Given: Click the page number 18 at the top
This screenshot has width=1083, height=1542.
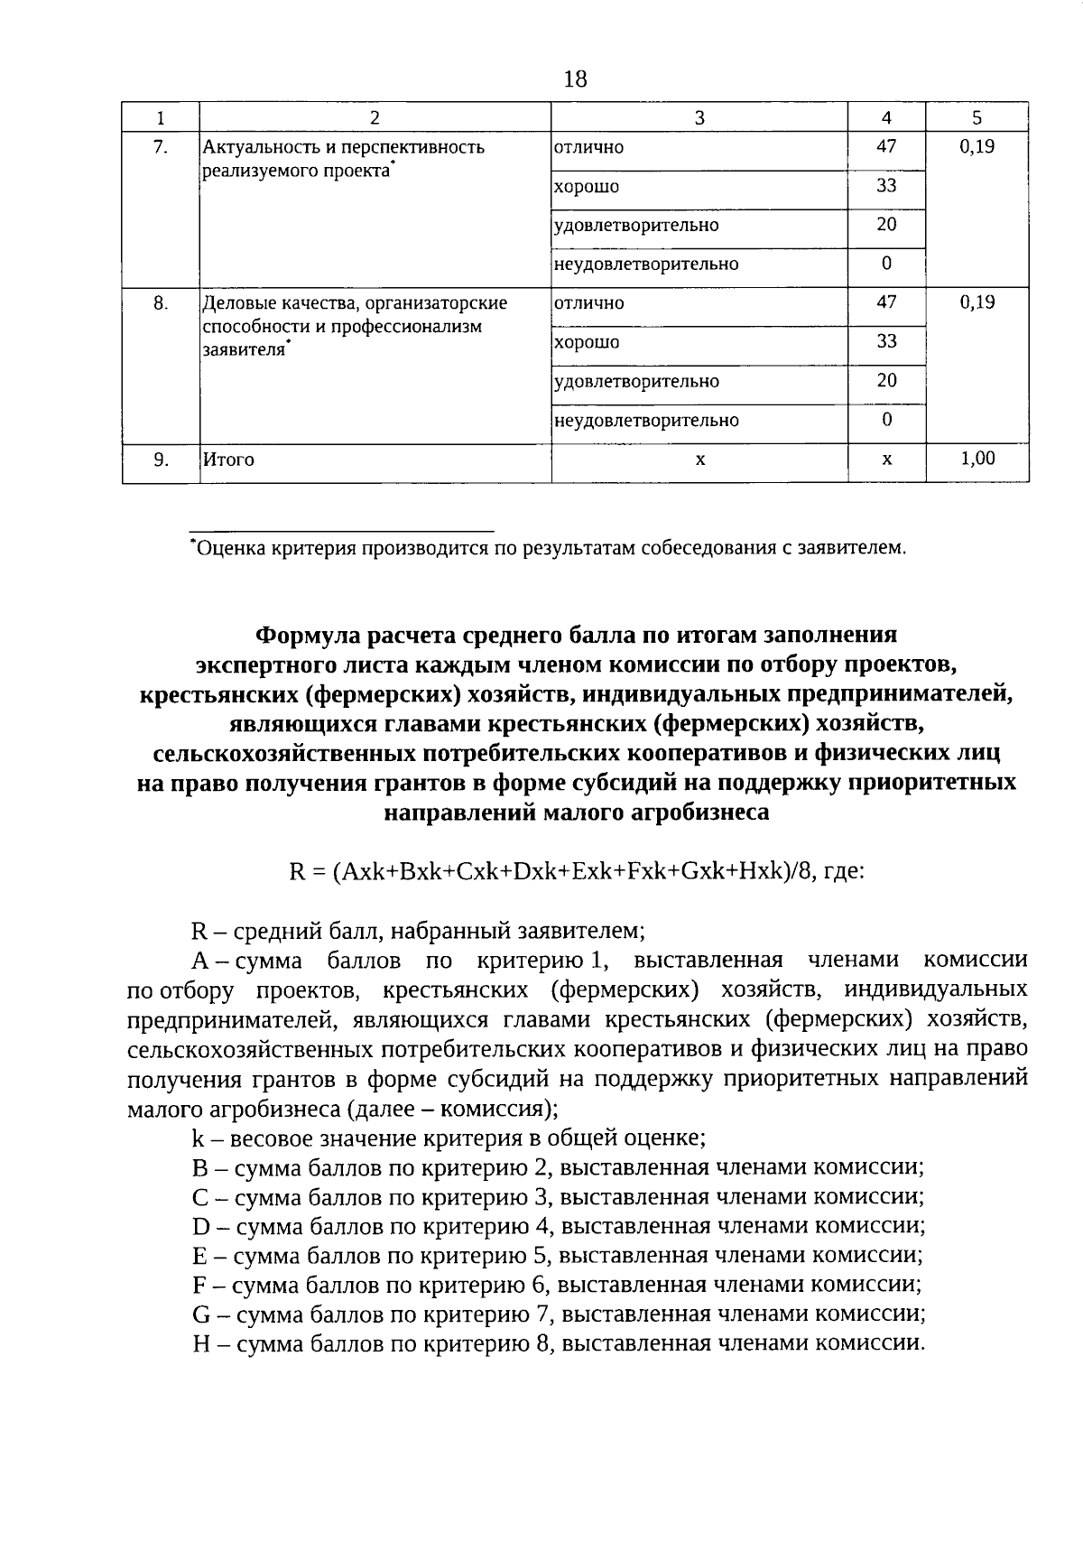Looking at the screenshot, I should [x=574, y=79].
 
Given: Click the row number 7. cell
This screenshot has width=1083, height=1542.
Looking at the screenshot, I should [x=160, y=147].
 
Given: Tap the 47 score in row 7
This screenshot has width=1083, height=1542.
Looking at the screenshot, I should [x=886, y=146].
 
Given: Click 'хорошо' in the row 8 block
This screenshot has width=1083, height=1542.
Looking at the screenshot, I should [x=586, y=342].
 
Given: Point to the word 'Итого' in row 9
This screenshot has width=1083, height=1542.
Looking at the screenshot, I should [x=228, y=460].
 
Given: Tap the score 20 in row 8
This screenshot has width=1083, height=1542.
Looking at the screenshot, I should [x=886, y=380].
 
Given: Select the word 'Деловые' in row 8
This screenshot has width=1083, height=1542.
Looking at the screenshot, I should [x=233, y=303].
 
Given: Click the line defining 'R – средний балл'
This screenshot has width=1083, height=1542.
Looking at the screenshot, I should [x=418, y=930].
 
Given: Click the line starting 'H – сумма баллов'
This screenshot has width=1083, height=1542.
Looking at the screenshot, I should [x=559, y=1343].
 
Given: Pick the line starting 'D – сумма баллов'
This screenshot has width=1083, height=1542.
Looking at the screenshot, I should [x=559, y=1226].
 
